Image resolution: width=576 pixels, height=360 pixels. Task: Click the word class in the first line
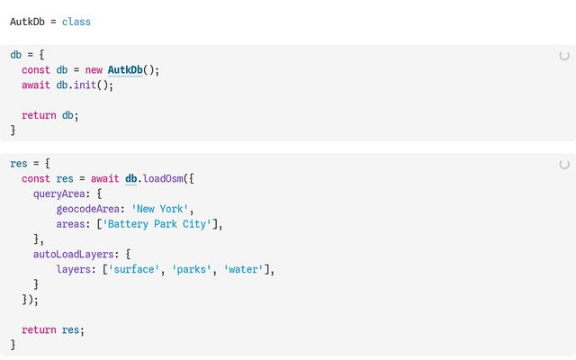pos(76,22)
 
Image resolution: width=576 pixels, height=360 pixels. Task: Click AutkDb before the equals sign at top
pos(27,22)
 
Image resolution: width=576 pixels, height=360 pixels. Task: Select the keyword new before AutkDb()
pos(94,70)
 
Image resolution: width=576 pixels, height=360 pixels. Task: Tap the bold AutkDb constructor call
pos(125,70)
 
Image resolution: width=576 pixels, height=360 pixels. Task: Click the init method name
pos(85,85)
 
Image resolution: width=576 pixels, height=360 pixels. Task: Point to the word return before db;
pos(39,115)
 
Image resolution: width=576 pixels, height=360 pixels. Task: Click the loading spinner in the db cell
pos(564,56)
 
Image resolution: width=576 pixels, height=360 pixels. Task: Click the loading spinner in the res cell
pos(564,164)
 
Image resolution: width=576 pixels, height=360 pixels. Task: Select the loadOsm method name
pos(163,178)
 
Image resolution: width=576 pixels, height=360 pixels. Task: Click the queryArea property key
pos(59,193)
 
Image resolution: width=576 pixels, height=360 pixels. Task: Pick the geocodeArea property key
pos(88,209)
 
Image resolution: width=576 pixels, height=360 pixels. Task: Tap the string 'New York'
pos(160,209)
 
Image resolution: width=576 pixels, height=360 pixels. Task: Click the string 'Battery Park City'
pos(157,224)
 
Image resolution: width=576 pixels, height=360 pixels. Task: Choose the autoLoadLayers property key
pos(74,254)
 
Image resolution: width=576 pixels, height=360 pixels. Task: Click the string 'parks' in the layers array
pos(192,269)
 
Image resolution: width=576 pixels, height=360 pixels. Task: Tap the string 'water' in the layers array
pos(244,269)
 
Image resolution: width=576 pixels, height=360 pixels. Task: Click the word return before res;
pos(39,330)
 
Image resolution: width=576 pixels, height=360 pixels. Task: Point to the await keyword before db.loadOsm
pos(104,178)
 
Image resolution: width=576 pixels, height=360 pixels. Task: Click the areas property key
pos(70,224)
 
